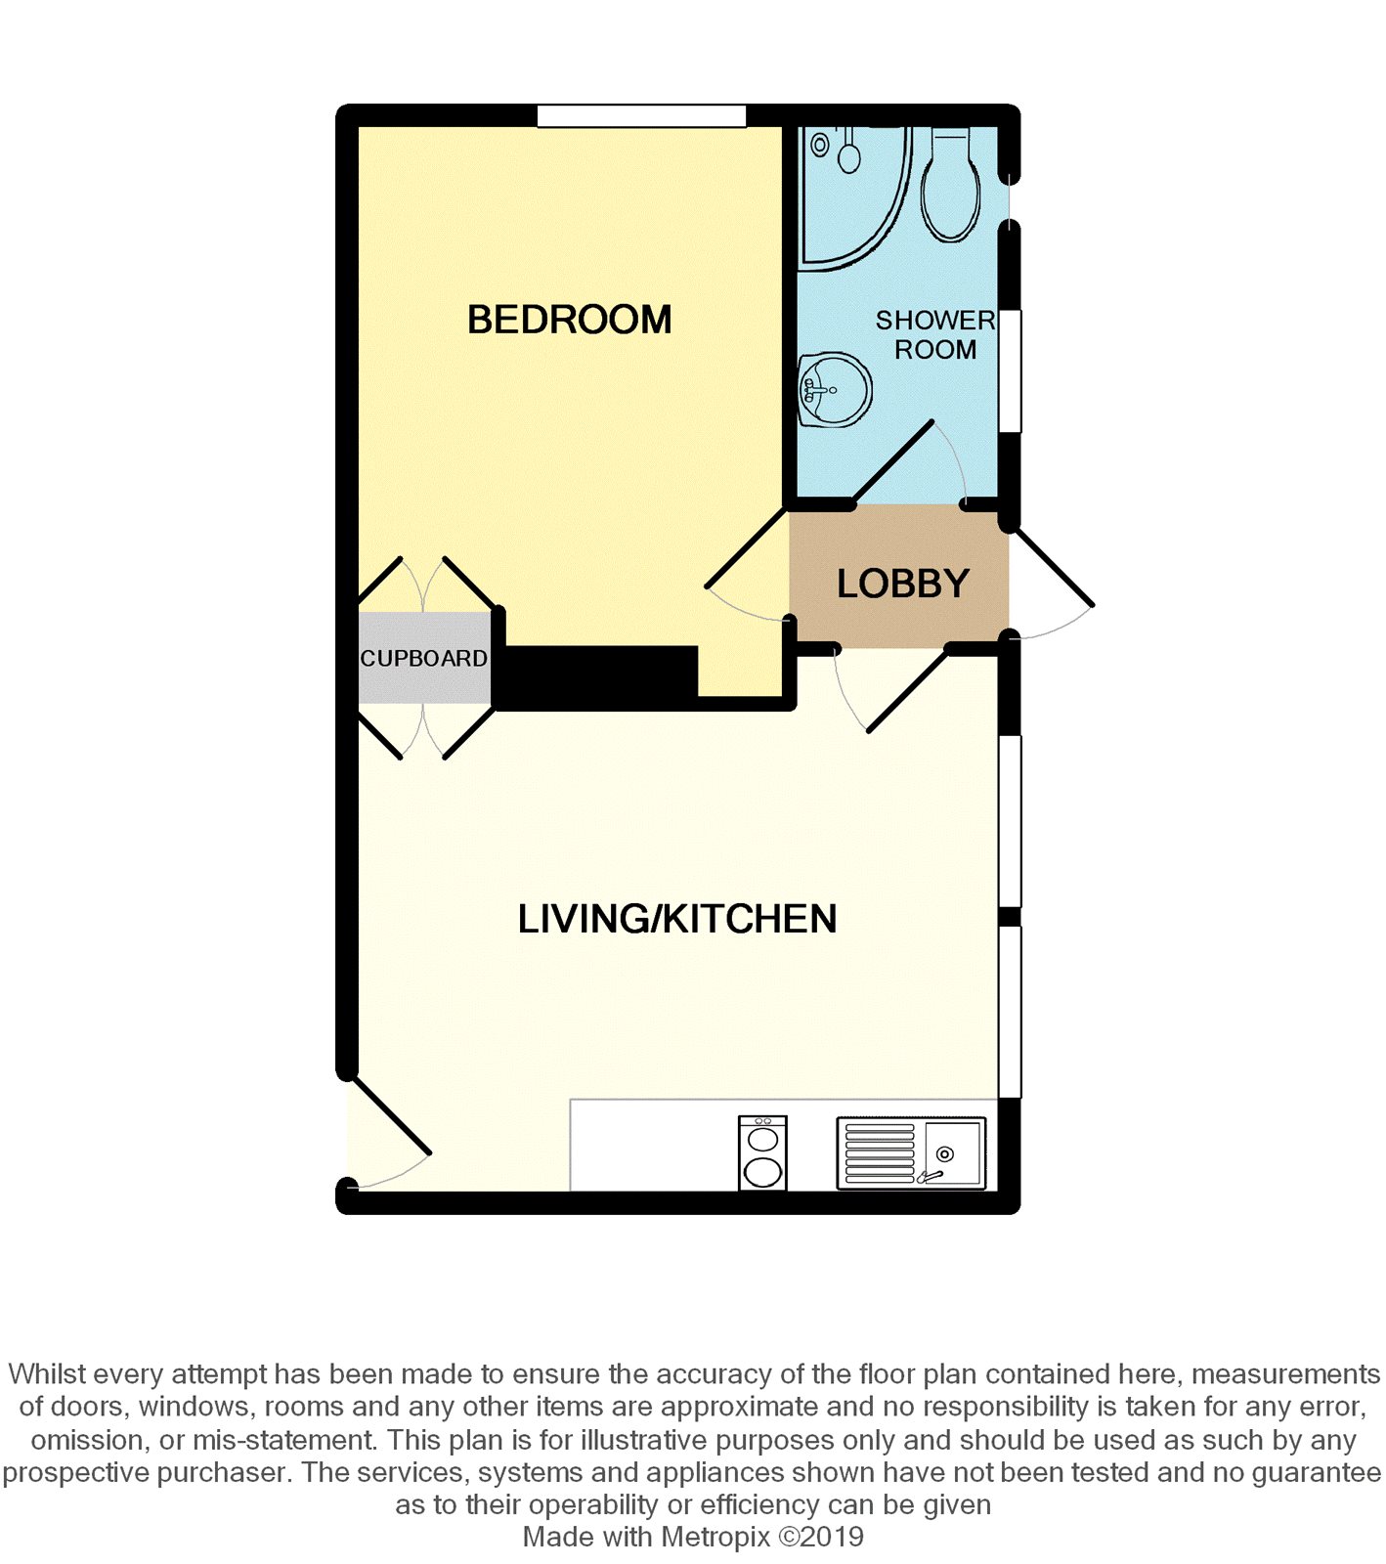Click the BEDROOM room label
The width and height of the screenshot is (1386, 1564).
pos(569,320)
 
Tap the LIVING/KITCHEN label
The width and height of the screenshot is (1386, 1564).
pos(677,919)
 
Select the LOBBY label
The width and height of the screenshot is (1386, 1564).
pos(902,584)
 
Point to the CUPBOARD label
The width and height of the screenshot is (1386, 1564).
pos(424,659)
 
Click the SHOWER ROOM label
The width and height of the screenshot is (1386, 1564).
pos(935,334)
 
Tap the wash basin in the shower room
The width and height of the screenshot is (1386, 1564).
pos(834,390)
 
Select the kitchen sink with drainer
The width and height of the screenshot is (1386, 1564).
pos(911,1153)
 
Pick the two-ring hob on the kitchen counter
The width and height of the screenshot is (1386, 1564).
pos(762,1153)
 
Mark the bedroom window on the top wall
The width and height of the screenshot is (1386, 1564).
pos(641,115)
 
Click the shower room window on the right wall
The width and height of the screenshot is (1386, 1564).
pos(1010,370)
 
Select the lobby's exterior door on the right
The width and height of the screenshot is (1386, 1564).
pos(1052,585)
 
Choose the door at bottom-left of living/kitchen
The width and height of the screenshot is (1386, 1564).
pos(390,1134)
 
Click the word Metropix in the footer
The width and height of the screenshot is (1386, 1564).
pos(715,1537)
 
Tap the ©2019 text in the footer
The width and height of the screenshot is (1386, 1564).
pos(821,1537)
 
